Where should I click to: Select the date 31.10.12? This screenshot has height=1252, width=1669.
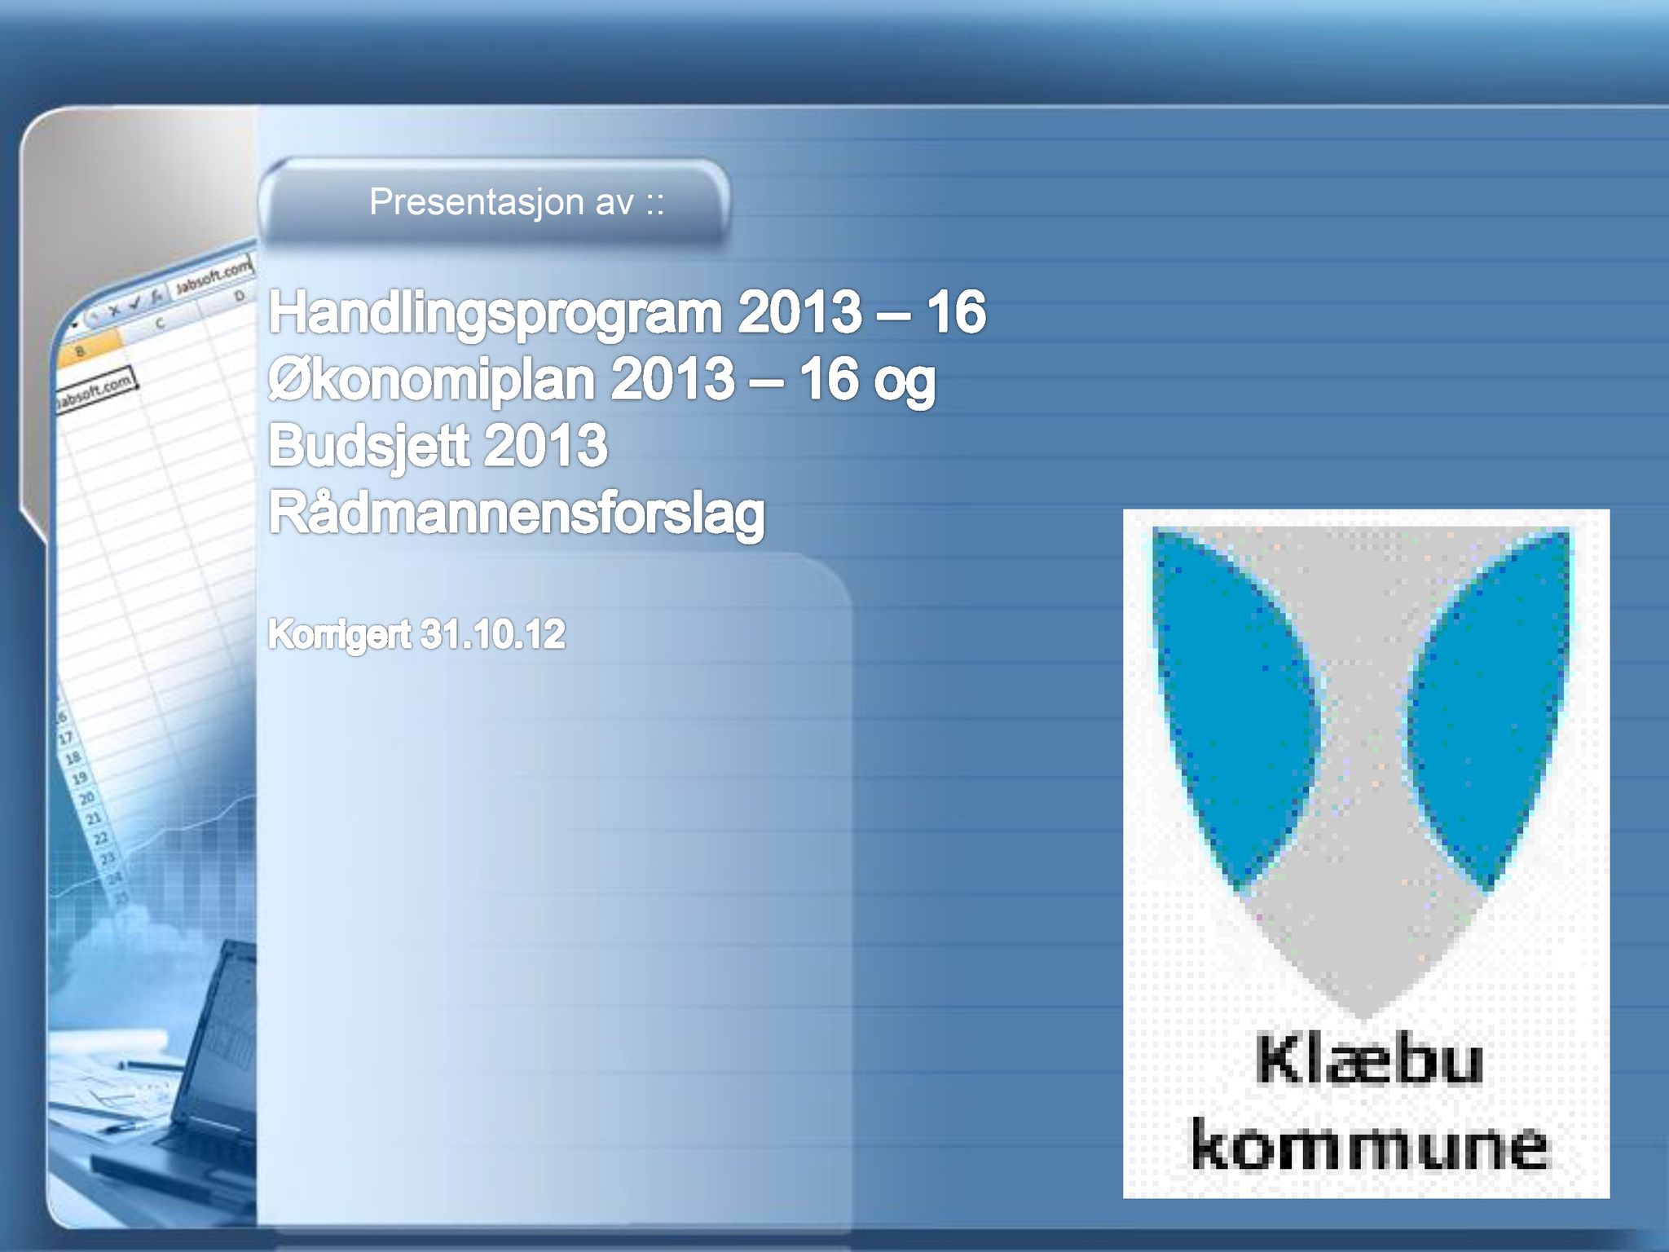pos(492,634)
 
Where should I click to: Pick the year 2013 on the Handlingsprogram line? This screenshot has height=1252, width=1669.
pos(799,313)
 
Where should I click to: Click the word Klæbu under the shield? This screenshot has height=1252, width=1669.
pos(1369,1062)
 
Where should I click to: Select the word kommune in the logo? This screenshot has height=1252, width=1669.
pos(1369,1144)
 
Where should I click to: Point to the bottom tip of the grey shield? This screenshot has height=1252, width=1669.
pos(1363,1019)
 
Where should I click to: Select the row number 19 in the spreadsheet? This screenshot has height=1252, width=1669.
pos(80,778)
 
